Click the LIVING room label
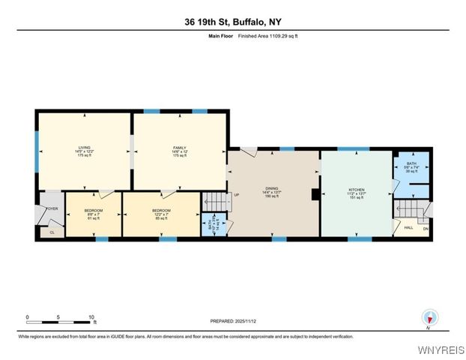click(84, 148)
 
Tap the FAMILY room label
click(180, 148)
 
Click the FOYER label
click(52, 208)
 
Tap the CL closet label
click(52, 232)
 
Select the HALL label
click(408, 227)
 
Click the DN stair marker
click(426, 229)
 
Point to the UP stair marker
click(237, 196)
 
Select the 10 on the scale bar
click(91, 317)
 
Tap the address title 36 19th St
click(232, 22)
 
